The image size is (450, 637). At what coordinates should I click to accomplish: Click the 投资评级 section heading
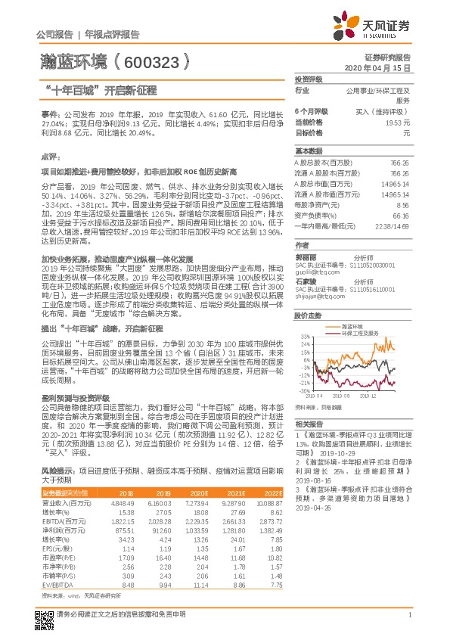point(309,79)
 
